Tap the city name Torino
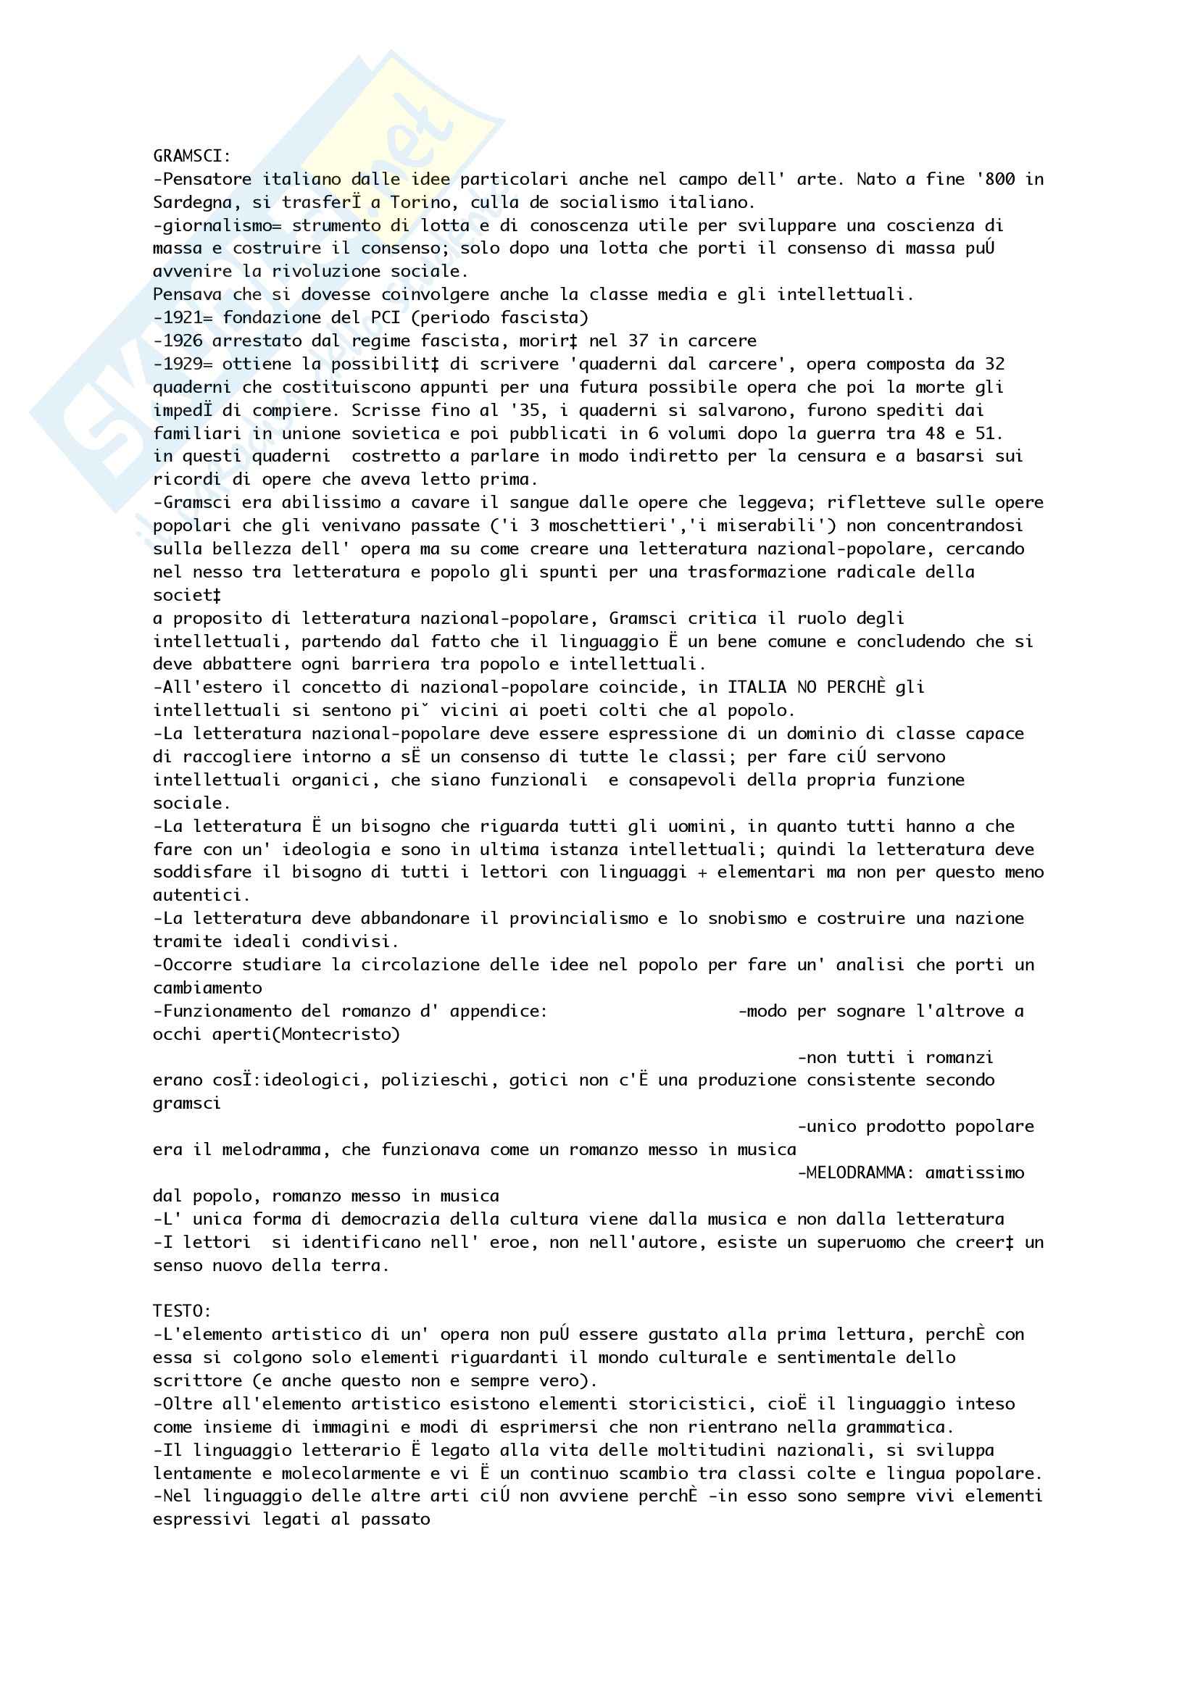coord(415,202)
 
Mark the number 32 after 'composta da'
coord(994,364)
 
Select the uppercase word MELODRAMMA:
coord(851,1173)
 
